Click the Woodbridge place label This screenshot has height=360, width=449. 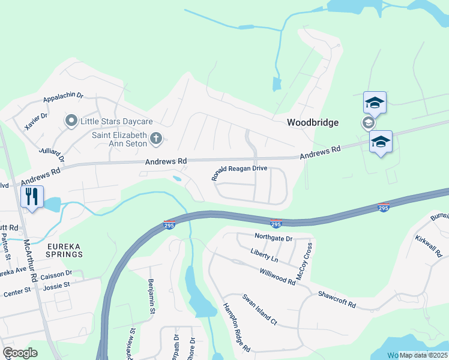(313, 122)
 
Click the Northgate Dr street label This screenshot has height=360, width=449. (273, 238)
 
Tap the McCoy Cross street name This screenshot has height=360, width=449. (305, 263)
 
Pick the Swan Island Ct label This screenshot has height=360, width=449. (259, 310)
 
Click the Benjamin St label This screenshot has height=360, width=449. (152, 296)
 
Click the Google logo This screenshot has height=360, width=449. (20, 353)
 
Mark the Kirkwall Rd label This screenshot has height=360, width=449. (428, 247)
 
